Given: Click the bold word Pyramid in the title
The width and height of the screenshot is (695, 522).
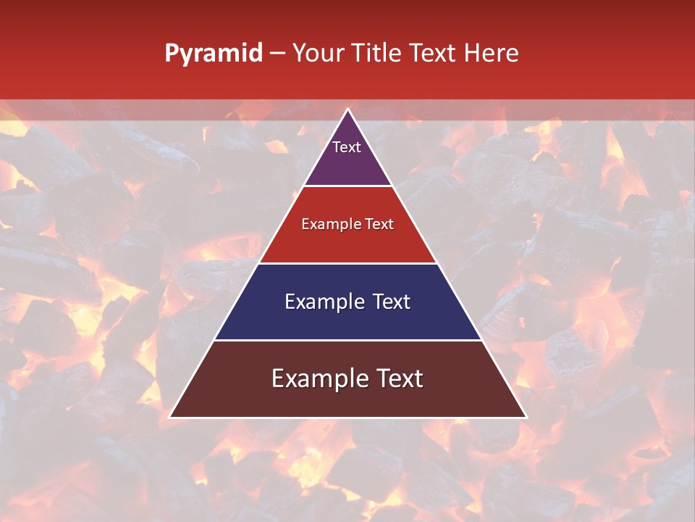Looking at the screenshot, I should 214,54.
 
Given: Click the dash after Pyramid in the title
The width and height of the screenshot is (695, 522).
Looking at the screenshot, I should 277,54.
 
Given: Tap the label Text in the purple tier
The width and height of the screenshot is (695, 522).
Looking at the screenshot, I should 347,147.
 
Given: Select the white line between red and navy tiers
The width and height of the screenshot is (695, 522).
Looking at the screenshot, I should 347,263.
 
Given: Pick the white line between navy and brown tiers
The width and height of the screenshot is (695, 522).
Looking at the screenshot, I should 347,340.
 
